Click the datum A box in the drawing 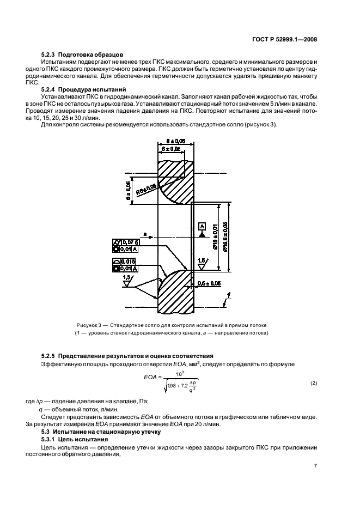(202, 226)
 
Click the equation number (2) (314, 383)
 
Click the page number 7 (315, 466)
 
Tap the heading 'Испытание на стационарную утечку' (106, 431)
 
